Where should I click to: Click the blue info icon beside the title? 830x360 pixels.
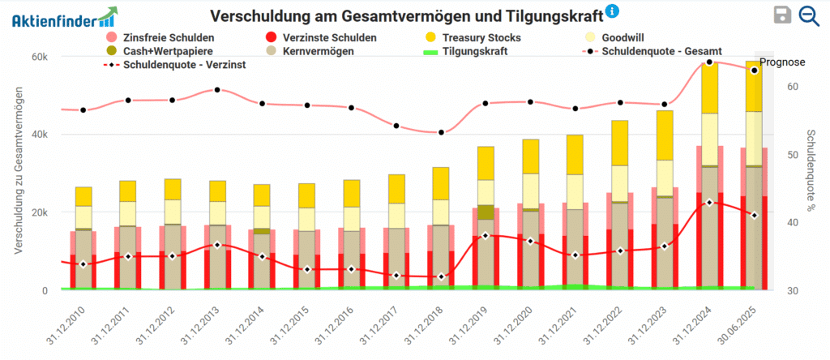pos(613,11)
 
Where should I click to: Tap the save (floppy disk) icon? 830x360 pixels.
pos(782,15)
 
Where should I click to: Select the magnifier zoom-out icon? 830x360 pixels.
pos(808,15)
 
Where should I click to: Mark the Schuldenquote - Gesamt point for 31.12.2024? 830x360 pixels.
pos(709,62)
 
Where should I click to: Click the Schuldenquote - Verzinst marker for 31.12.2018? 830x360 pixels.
pos(440,276)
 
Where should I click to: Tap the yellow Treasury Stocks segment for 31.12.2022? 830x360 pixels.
pos(619,143)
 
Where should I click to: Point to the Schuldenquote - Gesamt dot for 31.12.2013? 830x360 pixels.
pos(217,90)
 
